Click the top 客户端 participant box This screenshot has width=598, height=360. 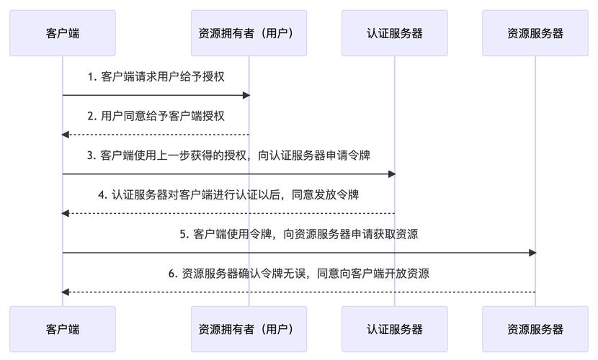click(62, 33)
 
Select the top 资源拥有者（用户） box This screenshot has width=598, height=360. click(249, 33)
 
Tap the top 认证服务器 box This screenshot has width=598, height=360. click(394, 33)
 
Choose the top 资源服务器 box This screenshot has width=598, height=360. click(535, 33)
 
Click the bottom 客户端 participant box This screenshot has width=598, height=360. click(62, 329)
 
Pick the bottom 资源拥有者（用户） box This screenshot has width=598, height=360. click(249, 329)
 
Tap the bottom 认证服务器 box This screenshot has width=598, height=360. click(394, 329)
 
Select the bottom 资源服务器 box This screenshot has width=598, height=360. click(535, 329)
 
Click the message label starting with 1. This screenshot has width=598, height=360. click(155, 76)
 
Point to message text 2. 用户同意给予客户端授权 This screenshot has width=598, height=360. click(155, 116)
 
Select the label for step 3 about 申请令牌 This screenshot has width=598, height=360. click(228, 155)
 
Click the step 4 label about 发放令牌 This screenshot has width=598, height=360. click(228, 194)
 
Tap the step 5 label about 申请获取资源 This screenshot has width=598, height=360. click(298, 234)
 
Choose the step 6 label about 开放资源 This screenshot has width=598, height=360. click(298, 274)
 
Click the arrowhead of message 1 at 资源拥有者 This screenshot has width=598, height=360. click(246, 95)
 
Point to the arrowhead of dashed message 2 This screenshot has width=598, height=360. click(66, 135)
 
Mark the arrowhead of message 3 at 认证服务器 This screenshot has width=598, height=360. click(391, 174)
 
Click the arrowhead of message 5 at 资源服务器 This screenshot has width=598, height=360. click(532, 253)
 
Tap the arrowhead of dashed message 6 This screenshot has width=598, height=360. click(66, 292)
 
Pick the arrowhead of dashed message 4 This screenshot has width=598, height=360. click(66, 213)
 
